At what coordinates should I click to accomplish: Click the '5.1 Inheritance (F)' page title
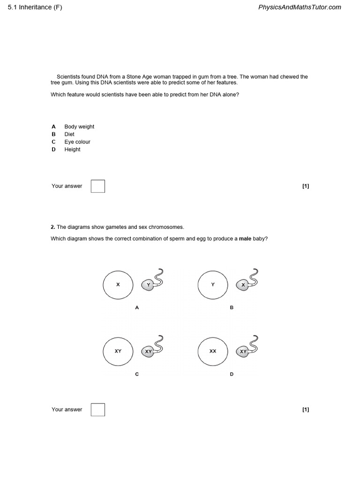pyautogui.click(x=35, y=7)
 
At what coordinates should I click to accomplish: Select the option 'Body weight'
pyautogui.click(x=79, y=127)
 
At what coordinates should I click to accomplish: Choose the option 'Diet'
pyautogui.click(x=69, y=134)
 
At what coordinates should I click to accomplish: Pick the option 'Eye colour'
pyautogui.click(x=77, y=142)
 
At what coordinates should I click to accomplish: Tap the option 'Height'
pyautogui.click(x=72, y=150)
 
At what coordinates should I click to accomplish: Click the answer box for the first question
pyautogui.click(x=98, y=186)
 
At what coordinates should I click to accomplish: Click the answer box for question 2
pyautogui.click(x=98, y=410)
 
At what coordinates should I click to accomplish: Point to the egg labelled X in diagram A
pyautogui.click(x=118, y=285)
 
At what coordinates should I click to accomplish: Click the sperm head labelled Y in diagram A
pyautogui.click(x=149, y=285)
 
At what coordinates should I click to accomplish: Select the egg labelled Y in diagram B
pyautogui.click(x=213, y=285)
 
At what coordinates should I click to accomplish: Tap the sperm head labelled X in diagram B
pyautogui.click(x=243, y=285)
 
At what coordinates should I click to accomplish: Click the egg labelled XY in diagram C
pyautogui.click(x=118, y=351)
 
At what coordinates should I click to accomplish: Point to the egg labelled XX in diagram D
pyautogui.click(x=213, y=351)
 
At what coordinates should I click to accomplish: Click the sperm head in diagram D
pyautogui.click(x=243, y=352)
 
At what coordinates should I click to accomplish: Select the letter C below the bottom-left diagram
pyautogui.click(x=137, y=374)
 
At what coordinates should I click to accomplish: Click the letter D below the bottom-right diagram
pyautogui.click(x=232, y=374)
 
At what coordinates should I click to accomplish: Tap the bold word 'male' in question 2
pyautogui.click(x=245, y=239)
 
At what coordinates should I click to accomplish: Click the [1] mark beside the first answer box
pyautogui.click(x=306, y=186)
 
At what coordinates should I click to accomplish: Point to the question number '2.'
pyautogui.click(x=53, y=227)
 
